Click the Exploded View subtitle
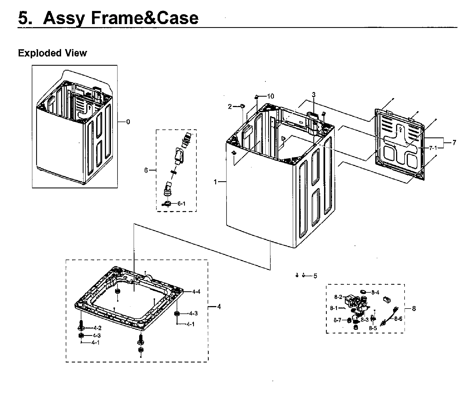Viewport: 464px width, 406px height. (x=52, y=53)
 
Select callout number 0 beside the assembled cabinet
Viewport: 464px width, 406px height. (x=128, y=122)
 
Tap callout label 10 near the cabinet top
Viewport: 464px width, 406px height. (x=270, y=96)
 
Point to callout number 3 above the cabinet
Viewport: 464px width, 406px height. (x=314, y=95)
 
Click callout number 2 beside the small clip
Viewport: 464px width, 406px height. (x=230, y=106)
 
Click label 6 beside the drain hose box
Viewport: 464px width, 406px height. (x=146, y=170)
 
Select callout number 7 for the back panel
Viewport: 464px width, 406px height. (x=454, y=142)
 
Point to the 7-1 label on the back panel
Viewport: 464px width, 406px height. (x=433, y=148)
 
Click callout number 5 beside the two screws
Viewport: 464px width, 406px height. (x=315, y=276)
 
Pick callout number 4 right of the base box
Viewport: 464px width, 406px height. (x=219, y=307)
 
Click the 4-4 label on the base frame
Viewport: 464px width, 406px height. (x=196, y=292)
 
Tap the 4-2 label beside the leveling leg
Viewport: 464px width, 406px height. (x=97, y=328)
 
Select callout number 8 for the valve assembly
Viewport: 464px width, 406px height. (x=414, y=309)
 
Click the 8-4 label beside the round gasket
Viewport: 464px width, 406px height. (x=375, y=292)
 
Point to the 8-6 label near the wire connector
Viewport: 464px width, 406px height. (x=398, y=319)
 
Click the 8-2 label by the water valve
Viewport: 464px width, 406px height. (x=338, y=297)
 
